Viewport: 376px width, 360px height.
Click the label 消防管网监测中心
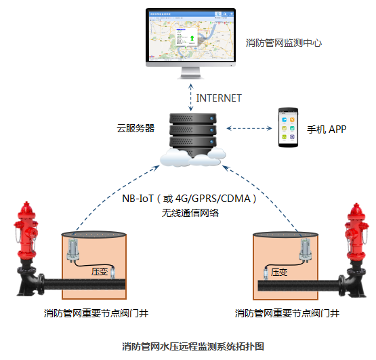(x=283, y=42)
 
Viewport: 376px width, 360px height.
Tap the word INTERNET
(x=219, y=98)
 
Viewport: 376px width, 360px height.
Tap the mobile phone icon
(x=288, y=127)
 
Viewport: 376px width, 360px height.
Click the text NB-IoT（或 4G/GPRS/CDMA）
(x=189, y=199)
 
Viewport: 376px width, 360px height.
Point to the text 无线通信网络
(x=190, y=212)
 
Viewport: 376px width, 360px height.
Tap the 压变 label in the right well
(x=279, y=271)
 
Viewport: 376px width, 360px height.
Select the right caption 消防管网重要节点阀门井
(x=287, y=314)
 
